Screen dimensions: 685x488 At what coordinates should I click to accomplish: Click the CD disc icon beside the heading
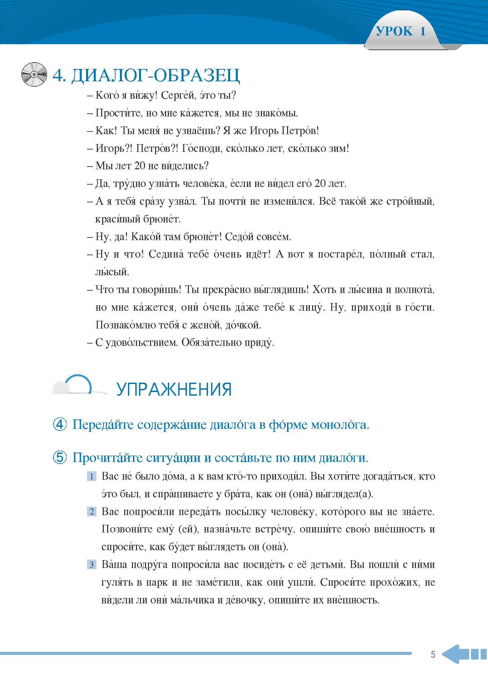point(34,74)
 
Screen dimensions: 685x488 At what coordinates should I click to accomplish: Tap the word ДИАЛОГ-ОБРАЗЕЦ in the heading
point(156,76)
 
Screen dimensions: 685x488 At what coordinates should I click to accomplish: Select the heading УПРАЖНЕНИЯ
point(174,390)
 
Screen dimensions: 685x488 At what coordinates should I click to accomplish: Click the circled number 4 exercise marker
point(60,425)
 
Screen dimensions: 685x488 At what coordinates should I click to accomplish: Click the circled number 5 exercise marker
point(60,458)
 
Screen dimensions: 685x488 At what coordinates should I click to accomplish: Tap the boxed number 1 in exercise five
point(91,476)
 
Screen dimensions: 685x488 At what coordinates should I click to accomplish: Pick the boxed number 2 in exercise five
point(91,512)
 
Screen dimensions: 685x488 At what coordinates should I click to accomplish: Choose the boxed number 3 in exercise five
point(91,565)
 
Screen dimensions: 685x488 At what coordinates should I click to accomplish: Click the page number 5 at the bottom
point(433,655)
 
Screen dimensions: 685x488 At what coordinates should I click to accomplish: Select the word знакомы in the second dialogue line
point(277,113)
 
